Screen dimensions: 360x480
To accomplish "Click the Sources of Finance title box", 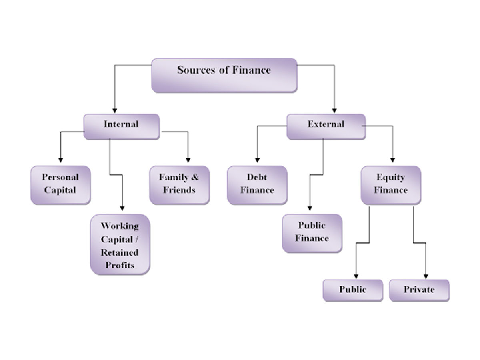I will click(224, 76).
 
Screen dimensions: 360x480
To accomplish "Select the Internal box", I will click(121, 126).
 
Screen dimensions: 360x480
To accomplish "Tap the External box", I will click(326, 126).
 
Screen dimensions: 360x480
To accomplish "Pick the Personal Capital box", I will click(60, 185).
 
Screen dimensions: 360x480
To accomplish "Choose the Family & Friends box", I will click(179, 185).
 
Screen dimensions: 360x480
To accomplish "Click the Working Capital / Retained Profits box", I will click(120, 244).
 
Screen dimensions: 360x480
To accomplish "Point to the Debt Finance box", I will click(257, 185).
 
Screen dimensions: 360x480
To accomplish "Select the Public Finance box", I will click(312, 233).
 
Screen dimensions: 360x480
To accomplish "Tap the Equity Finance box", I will click(391, 185).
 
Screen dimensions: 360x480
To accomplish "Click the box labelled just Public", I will click(352, 290).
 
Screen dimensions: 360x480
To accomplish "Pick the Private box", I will click(419, 290).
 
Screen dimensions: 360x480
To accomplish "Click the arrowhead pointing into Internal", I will click(115, 110).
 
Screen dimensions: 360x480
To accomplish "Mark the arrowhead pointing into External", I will click(334, 110).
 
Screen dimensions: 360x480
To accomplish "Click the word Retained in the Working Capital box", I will click(120, 252).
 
